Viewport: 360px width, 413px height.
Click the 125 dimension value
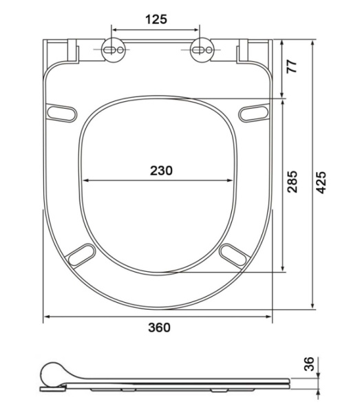[x=156, y=19]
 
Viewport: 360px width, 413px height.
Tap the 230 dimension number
[x=161, y=171]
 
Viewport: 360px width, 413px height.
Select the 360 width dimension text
[x=159, y=328]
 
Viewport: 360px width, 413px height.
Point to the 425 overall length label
[x=321, y=182]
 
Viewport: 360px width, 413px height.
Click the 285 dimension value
[x=293, y=182]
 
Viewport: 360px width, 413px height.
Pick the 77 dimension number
[x=292, y=66]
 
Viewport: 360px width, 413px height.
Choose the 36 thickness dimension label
[x=309, y=363]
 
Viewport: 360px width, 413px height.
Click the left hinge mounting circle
[x=114, y=50]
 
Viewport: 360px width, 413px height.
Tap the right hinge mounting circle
[x=202, y=50]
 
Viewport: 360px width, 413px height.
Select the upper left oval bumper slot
[x=62, y=114]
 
